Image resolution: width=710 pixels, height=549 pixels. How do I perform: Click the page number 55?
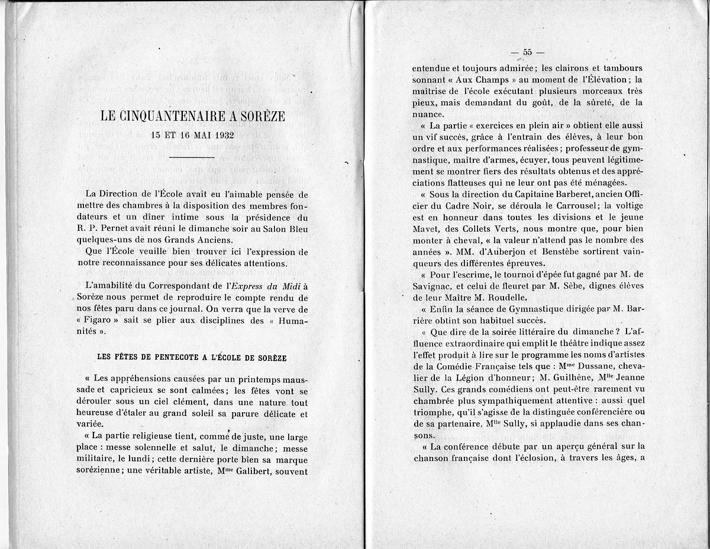point(528,52)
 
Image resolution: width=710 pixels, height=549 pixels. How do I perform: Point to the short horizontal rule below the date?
point(193,158)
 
